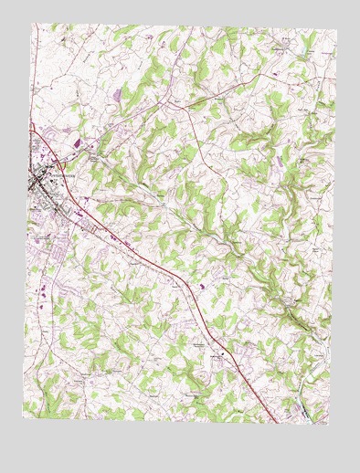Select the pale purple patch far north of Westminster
pyautogui.click(x=119, y=92)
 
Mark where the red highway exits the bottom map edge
pyautogui.click(x=277, y=421)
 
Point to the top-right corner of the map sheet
pyautogui.click(x=336, y=31)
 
